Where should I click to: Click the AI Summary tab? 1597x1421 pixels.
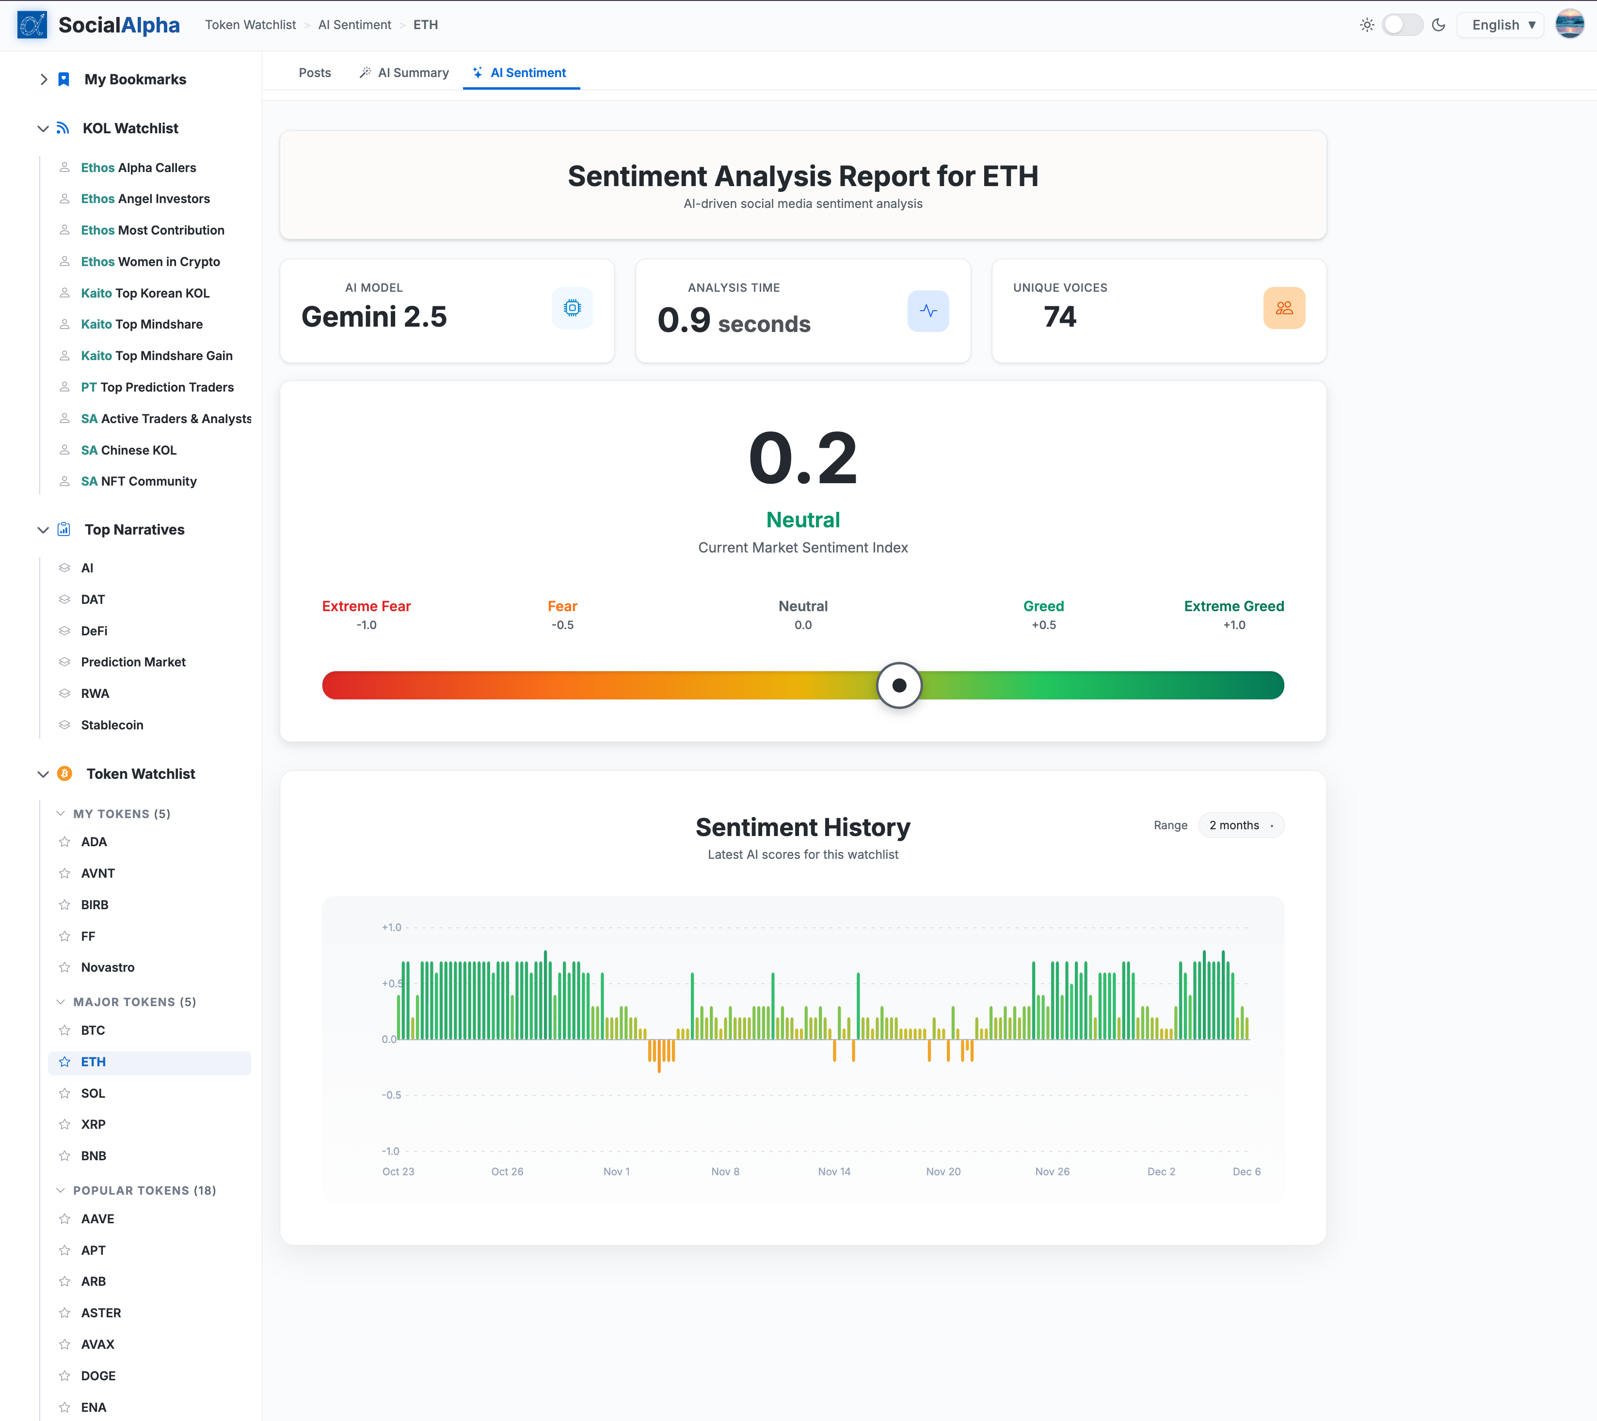(405, 73)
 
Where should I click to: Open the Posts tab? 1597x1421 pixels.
(314, 73)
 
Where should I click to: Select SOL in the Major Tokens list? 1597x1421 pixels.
(93, 1093)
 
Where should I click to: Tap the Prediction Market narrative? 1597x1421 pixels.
(133, 662)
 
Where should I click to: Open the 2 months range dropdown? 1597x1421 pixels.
(1240, 825)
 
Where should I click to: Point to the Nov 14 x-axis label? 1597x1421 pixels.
(834, 1171)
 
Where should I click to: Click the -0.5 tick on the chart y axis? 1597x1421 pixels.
(391, 1094)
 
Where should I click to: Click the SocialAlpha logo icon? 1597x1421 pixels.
(32, 25)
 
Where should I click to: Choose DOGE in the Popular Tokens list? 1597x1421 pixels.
(97, 1376)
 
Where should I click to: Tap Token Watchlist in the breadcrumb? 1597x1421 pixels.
(250, 25)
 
